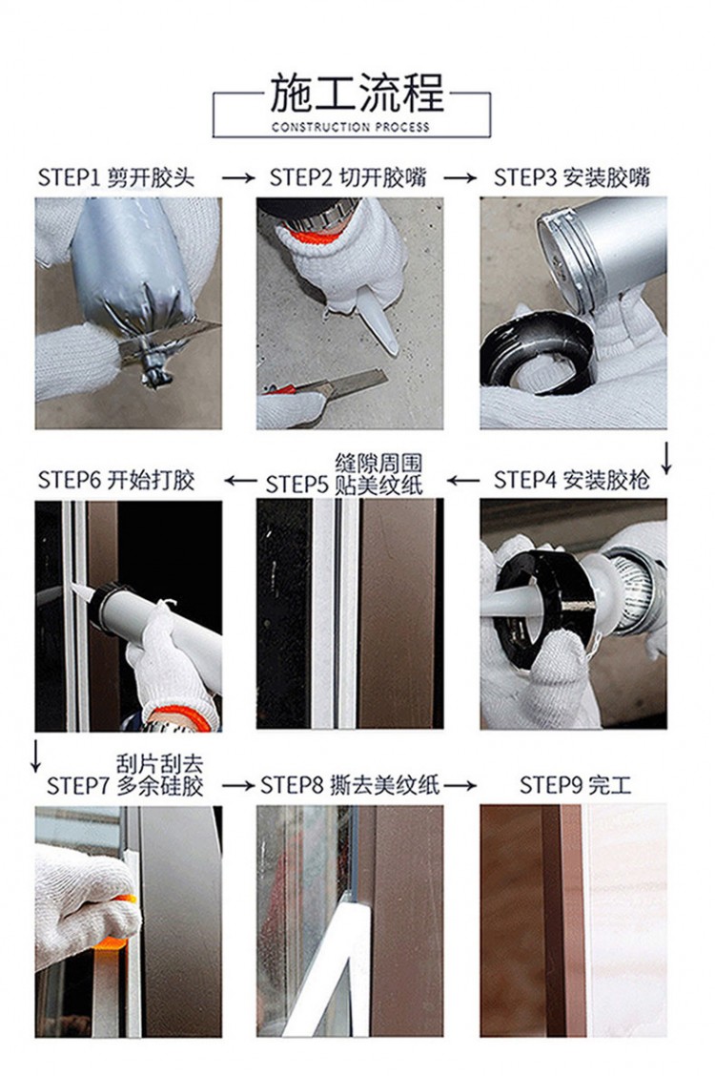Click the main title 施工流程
pos(357,93)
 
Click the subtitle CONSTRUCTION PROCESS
pos(350,127)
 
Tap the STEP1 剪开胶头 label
pos(116,177)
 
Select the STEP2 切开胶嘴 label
pos(348,177)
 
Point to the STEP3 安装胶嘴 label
pos(572,177)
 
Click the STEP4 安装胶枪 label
pos(572,480)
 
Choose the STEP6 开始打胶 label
pos(116,480)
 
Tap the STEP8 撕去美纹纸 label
pos(350,784)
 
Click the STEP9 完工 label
pos(575,784)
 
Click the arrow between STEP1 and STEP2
pos(238,178)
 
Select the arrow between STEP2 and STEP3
pos(460,178)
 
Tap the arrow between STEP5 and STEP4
pos(463,481)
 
